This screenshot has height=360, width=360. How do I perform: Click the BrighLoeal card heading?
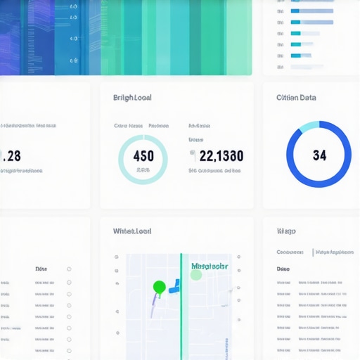point(132,98)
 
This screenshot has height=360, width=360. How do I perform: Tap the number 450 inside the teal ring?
point(143,155)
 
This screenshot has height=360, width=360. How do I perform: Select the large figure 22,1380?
point(221,155)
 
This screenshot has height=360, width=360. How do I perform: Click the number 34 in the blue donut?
point(319,155)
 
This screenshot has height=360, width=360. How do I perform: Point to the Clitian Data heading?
point(296,98)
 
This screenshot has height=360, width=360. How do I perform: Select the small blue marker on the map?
point(174,285)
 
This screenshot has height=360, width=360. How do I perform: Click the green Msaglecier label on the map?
point(210,266)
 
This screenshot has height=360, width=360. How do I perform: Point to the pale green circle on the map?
point(196,275)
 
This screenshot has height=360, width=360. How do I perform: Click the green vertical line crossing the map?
point(181,316)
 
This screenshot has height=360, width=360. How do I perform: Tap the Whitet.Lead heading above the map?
point(132,231)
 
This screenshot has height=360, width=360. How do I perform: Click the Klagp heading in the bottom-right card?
point(286,231)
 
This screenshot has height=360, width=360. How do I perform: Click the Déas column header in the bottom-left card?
point(41,269)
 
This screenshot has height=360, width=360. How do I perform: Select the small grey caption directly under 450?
point(143,170)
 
